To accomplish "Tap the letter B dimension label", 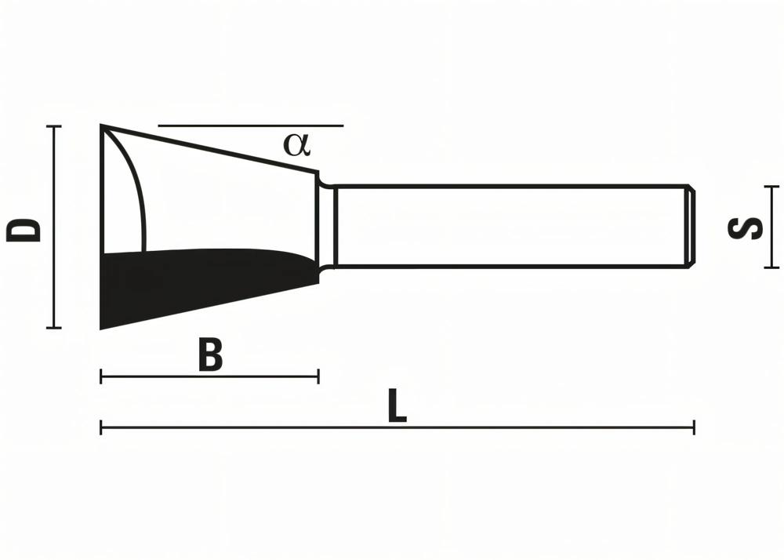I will (x=210, y=355).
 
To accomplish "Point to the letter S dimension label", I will (x=745, y=228).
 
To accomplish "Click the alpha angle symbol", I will (x=297, y=144).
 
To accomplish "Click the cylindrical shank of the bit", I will (x=510, y=227).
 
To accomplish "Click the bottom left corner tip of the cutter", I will (x=103, y=327).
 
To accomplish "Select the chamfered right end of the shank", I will (x=691, y=227).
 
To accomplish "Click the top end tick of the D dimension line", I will (x=53, y=126).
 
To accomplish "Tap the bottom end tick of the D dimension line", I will (x=53, y=328).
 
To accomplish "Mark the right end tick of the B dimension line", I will (x=318, y=377).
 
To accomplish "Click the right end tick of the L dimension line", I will (x=693, y=427).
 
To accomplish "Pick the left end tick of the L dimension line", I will (x=101, y=427).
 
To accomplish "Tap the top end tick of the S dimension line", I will (x=772, y=187).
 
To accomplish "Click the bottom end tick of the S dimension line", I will (x=772, y=267).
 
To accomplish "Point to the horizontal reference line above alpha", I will (x=251, y=125).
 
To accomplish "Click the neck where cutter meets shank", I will (x=327, y=227).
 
